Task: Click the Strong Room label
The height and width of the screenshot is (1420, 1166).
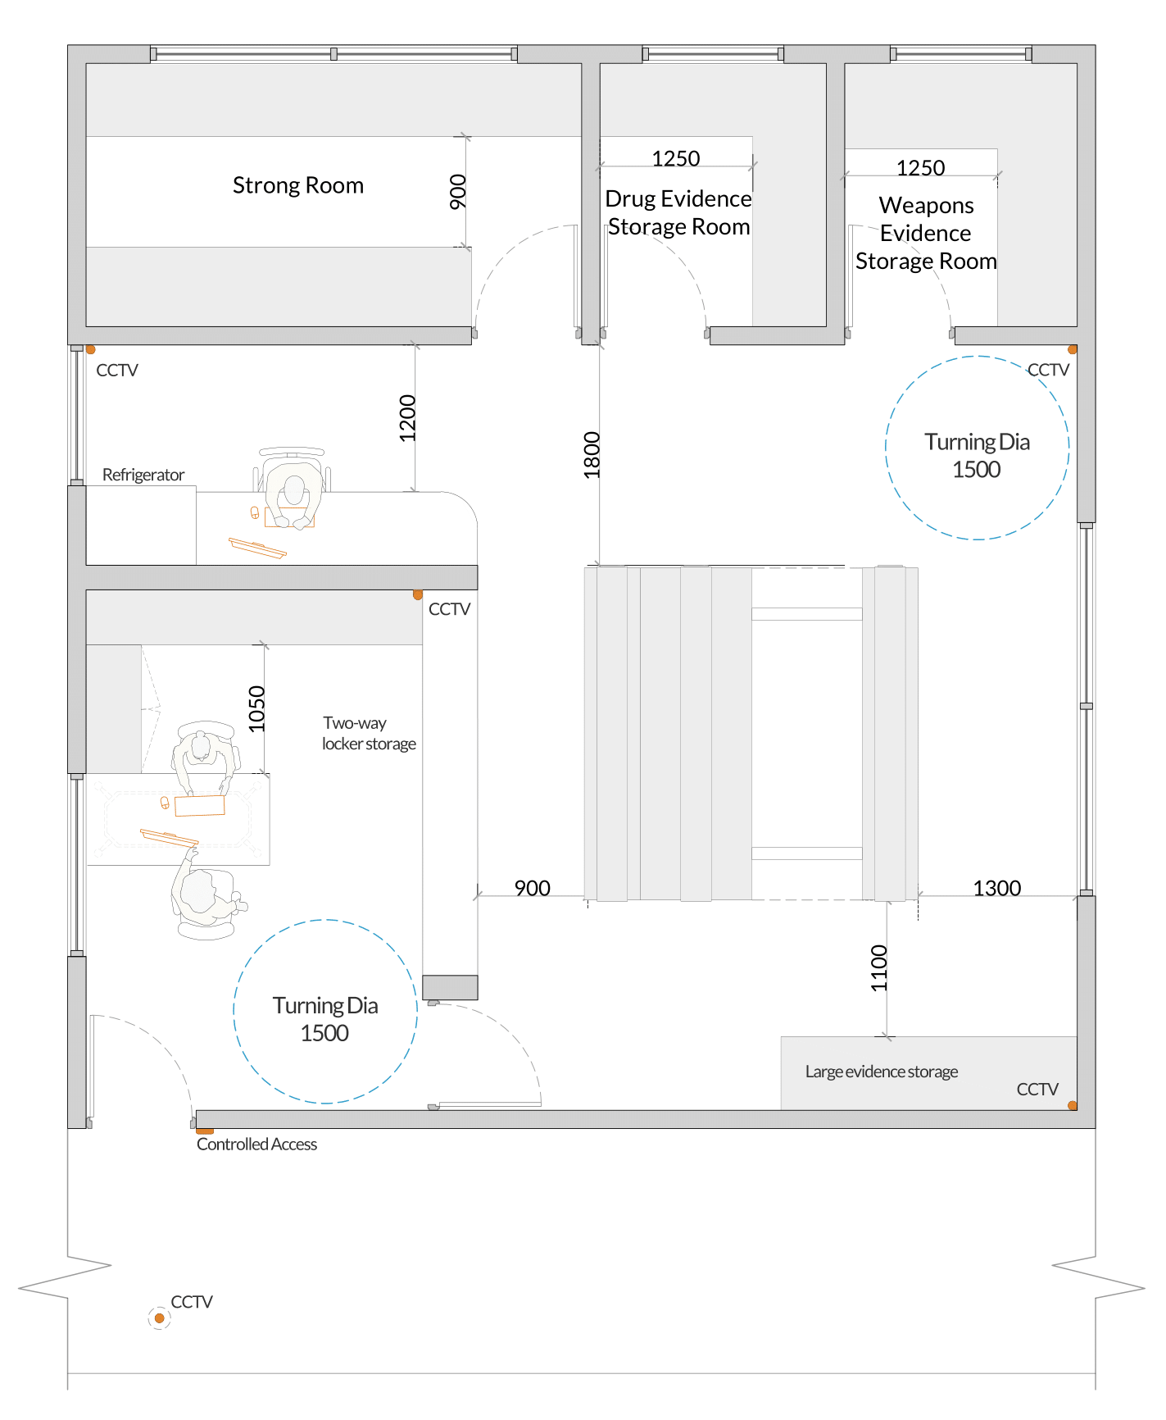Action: [298, 185]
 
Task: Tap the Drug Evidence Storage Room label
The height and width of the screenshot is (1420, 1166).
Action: [678, 212]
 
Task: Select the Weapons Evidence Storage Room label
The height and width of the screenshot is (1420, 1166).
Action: [926, 233]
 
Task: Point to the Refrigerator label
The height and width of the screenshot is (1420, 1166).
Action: [143, 475]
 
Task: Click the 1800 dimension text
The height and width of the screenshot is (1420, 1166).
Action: [592, 455]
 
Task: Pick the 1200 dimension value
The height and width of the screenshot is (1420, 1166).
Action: [407, 418]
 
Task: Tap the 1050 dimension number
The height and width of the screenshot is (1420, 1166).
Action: [256, 708]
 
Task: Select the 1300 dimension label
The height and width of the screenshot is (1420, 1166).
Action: [997, 888]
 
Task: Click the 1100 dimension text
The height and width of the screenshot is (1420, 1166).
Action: [878, 968]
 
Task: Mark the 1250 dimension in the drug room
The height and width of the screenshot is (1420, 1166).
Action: [676, 158]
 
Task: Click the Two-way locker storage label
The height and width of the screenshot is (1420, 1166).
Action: [369, 733]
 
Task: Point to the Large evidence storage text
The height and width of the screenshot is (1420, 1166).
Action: [882, 1072]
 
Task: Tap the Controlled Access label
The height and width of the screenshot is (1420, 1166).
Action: [256, 1145]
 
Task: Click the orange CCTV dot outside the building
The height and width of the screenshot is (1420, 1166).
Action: [160, 1318]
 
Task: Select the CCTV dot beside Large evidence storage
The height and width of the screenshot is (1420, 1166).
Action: [1072, 1105]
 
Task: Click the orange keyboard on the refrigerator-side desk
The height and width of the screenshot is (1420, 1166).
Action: [257, 548]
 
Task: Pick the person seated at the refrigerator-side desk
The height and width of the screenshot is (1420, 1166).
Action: [293, 493]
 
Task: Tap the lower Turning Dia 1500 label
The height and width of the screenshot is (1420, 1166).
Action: [325, 1019]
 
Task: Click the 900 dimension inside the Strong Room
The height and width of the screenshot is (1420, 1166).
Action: [458, 192]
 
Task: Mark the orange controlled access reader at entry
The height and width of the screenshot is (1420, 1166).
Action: [205, 1131]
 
